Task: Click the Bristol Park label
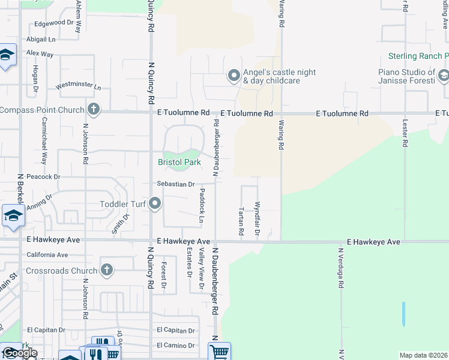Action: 178,162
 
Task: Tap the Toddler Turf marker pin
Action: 155,204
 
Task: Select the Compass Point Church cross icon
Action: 93,110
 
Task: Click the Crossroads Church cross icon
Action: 107,270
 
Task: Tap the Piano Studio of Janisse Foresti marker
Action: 443,76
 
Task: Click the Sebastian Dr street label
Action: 176,184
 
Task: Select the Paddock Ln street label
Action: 202,206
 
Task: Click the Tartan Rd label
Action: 241,221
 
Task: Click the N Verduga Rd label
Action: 340,269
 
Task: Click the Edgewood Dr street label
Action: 54,23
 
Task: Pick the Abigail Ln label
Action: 40,39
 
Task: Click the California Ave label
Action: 47,255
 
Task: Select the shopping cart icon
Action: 220,352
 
